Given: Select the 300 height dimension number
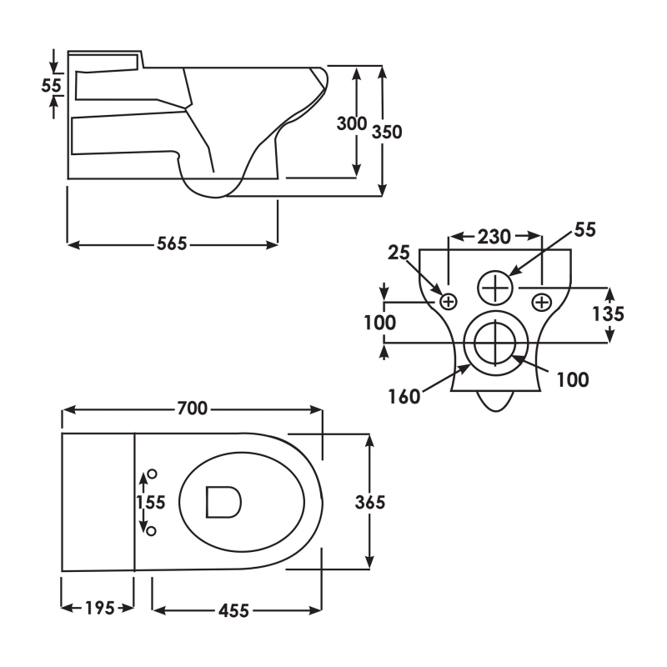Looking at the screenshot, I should pos(351,124).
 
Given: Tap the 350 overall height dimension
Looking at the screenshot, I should pos(388,133).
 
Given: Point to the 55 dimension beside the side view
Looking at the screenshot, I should pos(53,84).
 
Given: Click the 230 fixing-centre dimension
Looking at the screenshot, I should pos(494,237).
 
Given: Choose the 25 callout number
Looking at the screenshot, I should pos(401,252).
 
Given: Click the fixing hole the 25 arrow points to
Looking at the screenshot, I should pos(449,301).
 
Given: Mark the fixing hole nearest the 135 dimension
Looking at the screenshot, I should pos(541,301).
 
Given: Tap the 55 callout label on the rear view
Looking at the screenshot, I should pos(585,230).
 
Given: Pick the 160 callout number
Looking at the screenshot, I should pos(404,396).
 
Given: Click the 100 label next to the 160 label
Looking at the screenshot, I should pos(572,380).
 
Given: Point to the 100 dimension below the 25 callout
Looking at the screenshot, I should pos(380,323).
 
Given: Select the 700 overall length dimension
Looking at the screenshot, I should pos(193,409).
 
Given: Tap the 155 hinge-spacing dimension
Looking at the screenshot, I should pos(151,502).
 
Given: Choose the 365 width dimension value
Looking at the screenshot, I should pos(370,502).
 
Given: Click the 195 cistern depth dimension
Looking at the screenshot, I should pos(99,608).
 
